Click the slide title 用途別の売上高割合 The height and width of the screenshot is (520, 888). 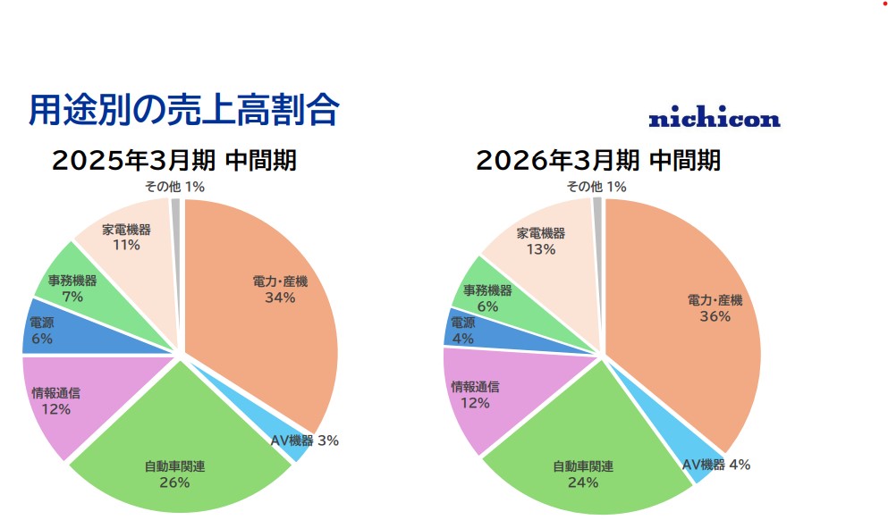184,110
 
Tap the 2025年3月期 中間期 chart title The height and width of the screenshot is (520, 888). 174,161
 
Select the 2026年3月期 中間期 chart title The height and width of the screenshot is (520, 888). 597,161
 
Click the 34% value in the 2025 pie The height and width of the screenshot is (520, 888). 280,298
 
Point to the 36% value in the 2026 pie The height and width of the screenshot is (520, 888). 715,316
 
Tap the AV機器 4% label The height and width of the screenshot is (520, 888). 715,465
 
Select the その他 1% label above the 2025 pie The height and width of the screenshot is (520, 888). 175,187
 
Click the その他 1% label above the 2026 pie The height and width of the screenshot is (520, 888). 596,187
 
